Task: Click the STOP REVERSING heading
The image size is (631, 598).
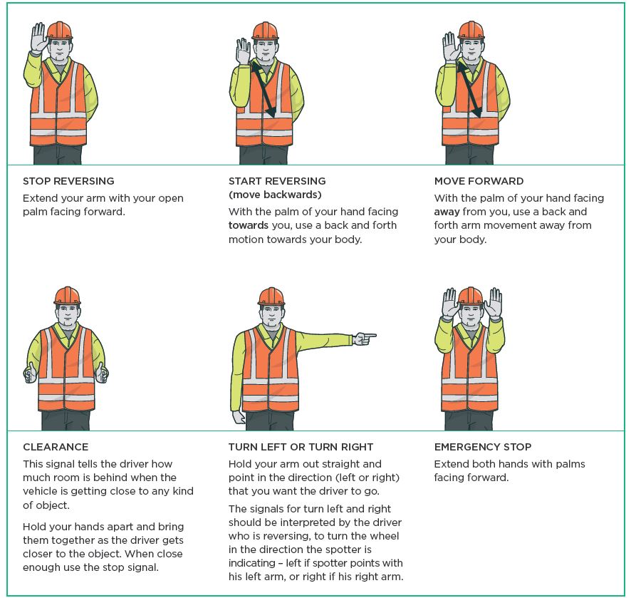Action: (x=68, y=181)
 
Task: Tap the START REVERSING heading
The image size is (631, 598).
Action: (x=277, y=181)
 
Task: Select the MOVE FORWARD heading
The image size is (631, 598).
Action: (x=479, y=181)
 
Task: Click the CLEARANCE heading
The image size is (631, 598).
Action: (x=56, y=447)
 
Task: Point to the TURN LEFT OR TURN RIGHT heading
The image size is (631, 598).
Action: (x=301, y=447)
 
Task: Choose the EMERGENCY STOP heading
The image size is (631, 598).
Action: (x=483, y=447)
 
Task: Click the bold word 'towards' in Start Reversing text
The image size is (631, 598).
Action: (x=249, y=225)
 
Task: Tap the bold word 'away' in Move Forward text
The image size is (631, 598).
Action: (x=447, y=212)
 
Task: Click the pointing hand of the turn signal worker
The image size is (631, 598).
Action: (x=365, y=339)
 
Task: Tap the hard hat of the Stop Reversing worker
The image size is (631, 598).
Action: (x=60, y=31)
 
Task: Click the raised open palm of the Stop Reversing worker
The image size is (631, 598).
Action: (x=39, y=38)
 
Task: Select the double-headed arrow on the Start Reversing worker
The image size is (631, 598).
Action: (x=264, y=89)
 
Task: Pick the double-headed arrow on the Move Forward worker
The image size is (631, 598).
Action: (x=469, y=89)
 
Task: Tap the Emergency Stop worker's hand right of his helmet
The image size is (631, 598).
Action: (x=494, y=303)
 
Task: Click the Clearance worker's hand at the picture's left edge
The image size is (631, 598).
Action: (x=30, y=373)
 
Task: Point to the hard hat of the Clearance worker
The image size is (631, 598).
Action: (x=67, y=296)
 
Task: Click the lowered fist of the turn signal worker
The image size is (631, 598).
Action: (x=239, y=417)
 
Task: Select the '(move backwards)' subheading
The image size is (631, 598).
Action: (x=275, y=195)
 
